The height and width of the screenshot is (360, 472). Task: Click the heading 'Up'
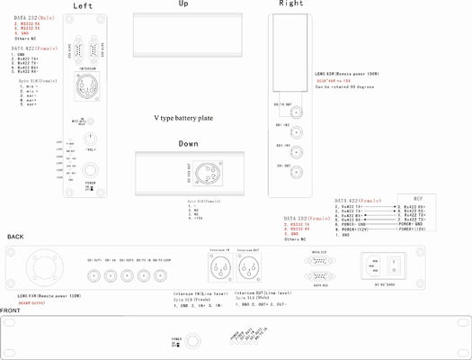(x=183, y=4)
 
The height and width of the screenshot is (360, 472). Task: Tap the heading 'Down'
(x=188, y=143)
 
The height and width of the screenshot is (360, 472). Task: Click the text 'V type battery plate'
(x=183, y=118)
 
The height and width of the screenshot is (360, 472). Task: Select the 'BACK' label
(x=16, y=237)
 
